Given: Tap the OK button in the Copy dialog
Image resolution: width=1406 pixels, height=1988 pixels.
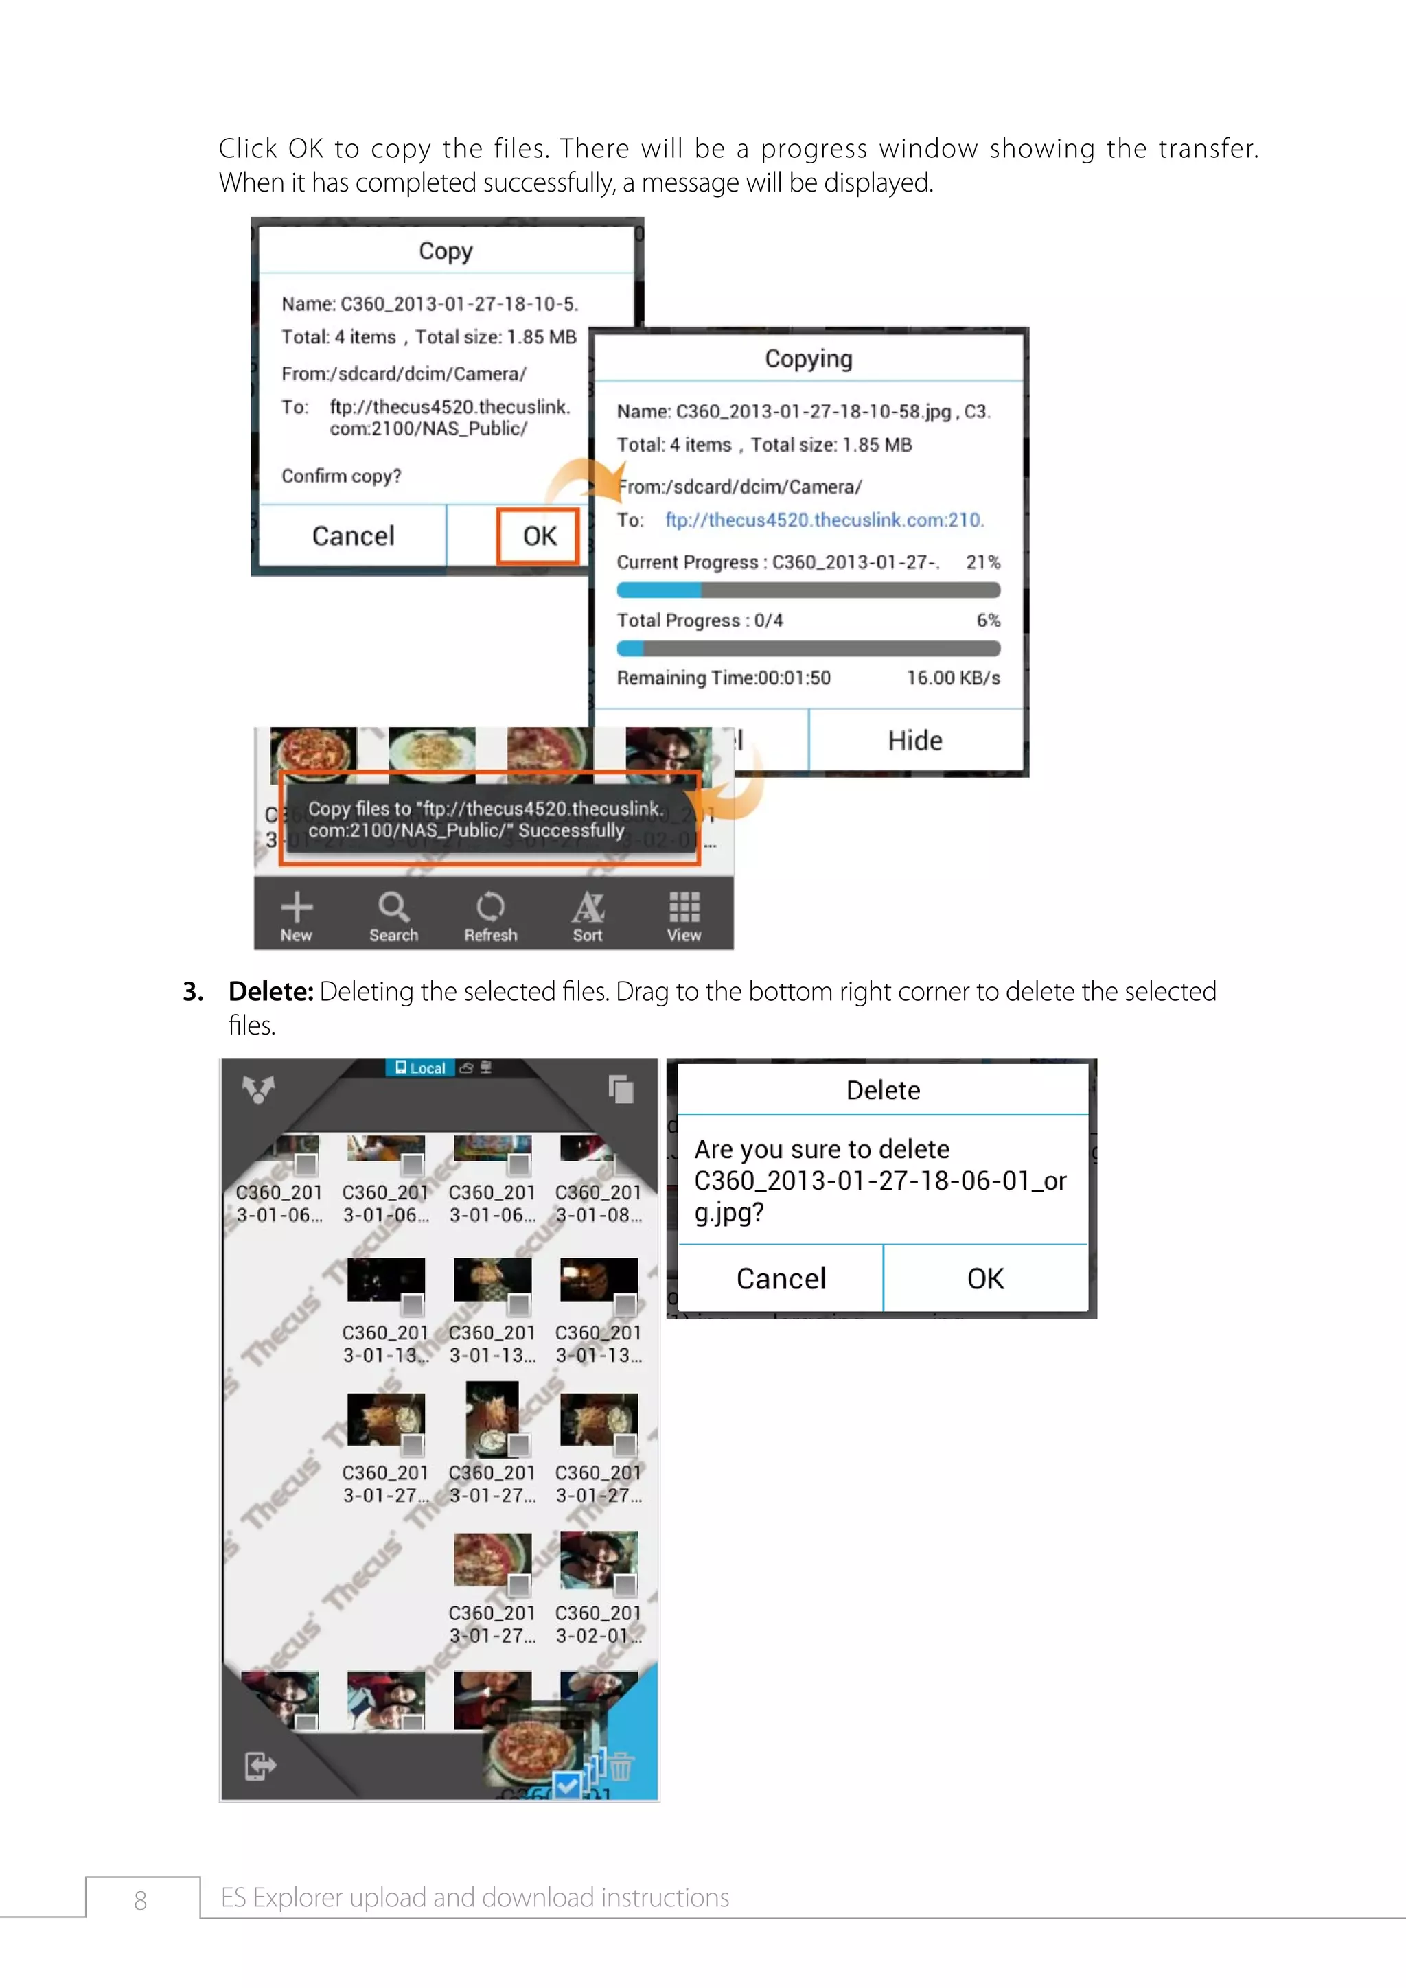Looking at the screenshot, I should tap(538, 536).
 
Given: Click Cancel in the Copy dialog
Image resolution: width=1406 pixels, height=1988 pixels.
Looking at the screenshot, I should tap(354, 536).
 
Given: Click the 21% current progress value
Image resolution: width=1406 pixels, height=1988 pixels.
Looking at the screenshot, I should tap(982, 562).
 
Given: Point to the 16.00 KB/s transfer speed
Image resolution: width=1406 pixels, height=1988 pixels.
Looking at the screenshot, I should tap(953, 678).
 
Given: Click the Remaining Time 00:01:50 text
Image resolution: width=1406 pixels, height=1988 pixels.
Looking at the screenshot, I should tap(723, 678).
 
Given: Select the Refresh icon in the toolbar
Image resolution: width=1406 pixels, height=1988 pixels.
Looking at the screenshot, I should tap(490, 907).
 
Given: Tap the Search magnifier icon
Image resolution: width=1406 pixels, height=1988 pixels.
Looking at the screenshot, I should tap(393, 907).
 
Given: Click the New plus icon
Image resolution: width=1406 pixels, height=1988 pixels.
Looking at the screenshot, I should tap(296, 907).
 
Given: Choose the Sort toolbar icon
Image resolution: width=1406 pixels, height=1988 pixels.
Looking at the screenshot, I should tap(587, 907).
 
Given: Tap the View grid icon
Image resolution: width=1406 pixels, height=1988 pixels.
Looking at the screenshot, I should tap(684, 907).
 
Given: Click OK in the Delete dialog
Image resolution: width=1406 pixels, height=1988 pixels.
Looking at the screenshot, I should tap(985, 1279).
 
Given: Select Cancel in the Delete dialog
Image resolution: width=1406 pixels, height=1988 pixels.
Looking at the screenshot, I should tap(781, 1279).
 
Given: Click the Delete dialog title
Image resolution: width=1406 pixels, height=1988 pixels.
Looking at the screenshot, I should tap(882, 1090).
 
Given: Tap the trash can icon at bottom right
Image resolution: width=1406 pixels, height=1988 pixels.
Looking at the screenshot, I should tap(621, 1766).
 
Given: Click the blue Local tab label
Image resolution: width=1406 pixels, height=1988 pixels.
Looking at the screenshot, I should tap(421, 1067).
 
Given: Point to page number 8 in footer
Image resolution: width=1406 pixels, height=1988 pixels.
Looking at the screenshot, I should tap(140, 1899).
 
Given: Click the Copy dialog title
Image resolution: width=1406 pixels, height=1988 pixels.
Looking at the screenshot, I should tap(446, 251).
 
